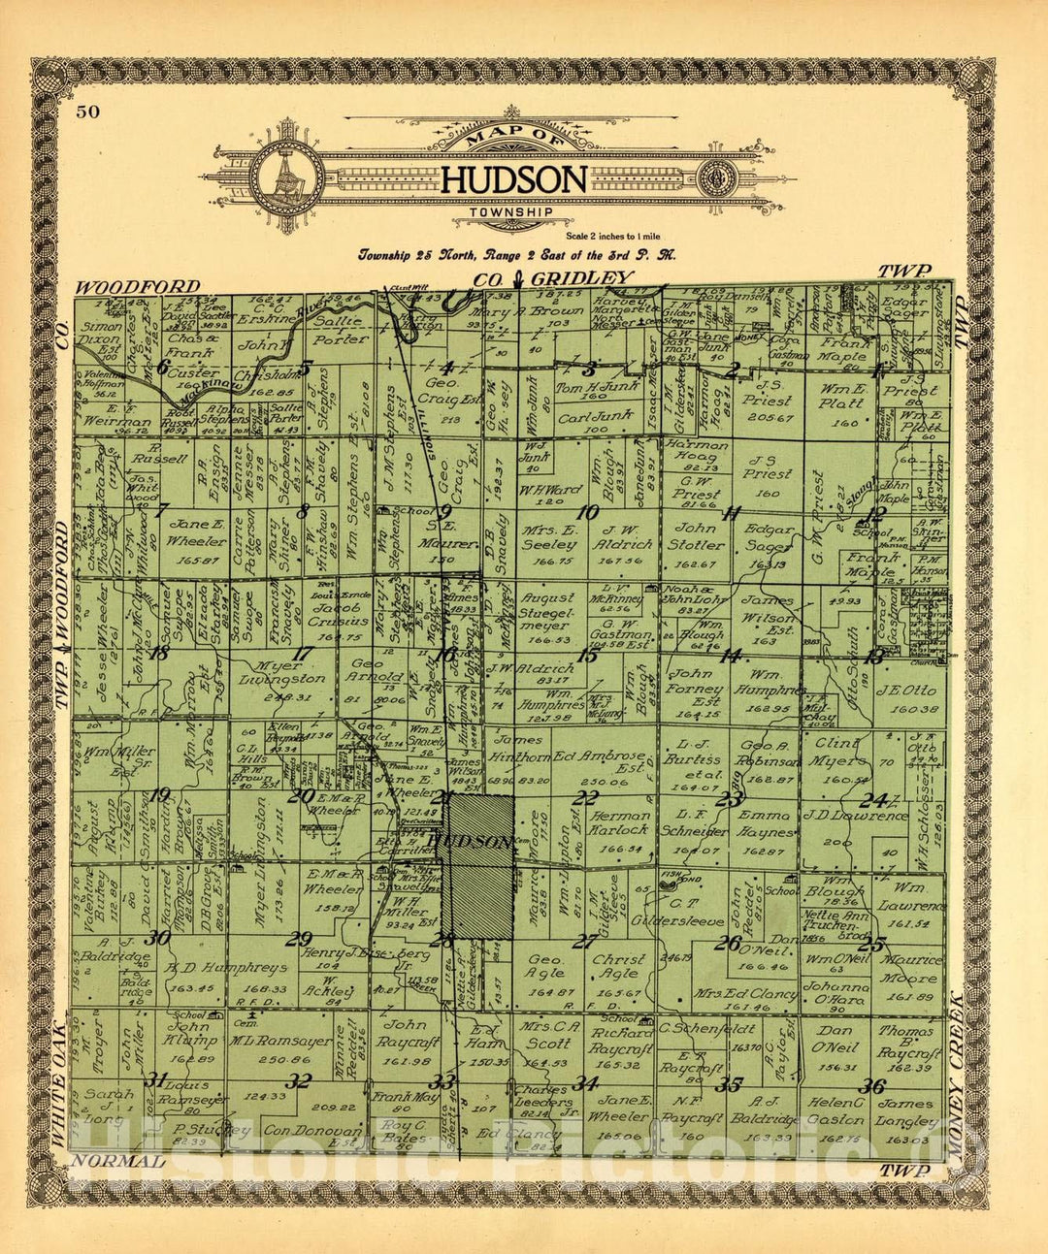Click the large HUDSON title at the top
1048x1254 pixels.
pos(514,179)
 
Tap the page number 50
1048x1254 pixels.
pos(87,112)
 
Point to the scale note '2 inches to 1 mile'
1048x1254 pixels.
pos(617,236)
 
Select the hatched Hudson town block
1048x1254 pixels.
pos(478,866)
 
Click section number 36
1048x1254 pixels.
pos(870,1086)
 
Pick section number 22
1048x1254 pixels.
pos(585,797)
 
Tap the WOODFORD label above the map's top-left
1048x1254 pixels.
pos(138,287)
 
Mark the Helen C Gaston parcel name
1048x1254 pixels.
pos(835,1112)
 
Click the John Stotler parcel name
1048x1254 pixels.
pos(695,535)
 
